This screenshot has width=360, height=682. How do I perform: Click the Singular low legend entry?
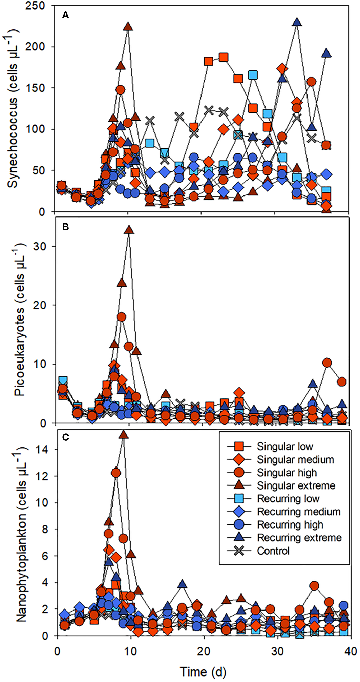point(284,447)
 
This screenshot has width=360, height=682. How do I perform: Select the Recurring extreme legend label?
point(299,538)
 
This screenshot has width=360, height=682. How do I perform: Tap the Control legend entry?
point(273,551)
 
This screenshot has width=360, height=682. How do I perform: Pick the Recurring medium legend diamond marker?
point(239,512)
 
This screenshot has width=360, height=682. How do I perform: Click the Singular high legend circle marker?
point(239,473)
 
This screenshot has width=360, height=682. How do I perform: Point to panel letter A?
point(66,15)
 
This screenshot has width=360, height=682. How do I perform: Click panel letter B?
point(66,227)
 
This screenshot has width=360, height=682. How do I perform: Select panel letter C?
point(66,437)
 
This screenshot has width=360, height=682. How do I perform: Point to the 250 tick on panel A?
point(35,6)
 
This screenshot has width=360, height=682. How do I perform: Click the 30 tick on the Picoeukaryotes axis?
point(40,246)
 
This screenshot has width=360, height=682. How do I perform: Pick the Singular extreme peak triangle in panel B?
point(129,230)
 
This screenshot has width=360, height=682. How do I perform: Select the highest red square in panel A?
point(223,57)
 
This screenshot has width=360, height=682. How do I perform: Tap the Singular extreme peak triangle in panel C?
point(123,435)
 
